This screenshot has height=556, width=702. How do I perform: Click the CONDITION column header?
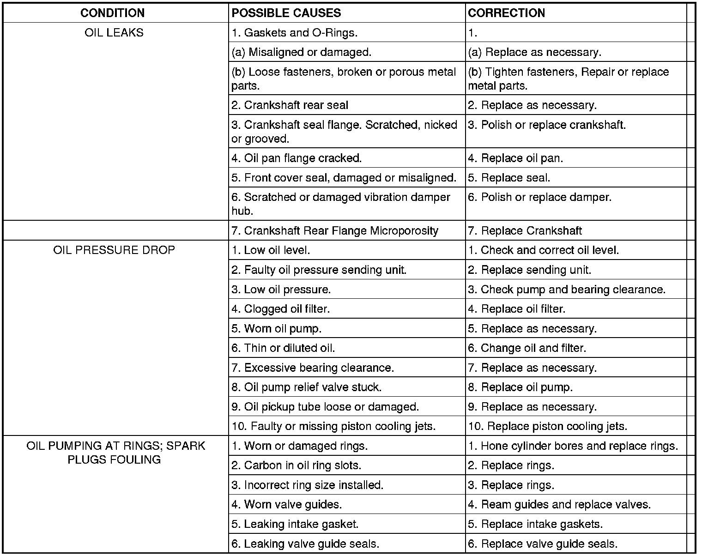112,13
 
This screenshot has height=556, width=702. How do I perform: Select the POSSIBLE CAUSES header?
286,13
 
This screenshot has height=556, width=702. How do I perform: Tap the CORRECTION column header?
506,13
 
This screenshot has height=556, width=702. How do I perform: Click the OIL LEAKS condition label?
114,33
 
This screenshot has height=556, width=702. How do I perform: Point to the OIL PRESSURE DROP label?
114,250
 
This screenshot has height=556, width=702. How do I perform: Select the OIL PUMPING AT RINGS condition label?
115,453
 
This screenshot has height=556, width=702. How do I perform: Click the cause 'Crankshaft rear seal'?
290,105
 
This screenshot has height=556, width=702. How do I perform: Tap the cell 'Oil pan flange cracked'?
297,158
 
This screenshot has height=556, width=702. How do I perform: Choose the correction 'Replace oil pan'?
515,158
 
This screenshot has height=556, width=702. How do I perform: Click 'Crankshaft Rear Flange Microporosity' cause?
335,231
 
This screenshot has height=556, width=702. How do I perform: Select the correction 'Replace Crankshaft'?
525,231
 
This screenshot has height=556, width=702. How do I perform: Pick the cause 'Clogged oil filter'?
280,309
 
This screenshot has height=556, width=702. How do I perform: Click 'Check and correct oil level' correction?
543,250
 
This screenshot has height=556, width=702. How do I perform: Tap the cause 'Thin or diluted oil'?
283,348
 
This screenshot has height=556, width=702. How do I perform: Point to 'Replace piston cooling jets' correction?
547,426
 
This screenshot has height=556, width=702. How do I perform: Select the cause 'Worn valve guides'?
286,505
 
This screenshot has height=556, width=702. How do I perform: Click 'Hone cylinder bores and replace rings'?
573,446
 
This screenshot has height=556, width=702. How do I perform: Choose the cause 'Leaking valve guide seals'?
305,544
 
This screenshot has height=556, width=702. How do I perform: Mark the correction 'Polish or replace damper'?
539,198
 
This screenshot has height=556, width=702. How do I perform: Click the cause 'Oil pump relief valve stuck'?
306,387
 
